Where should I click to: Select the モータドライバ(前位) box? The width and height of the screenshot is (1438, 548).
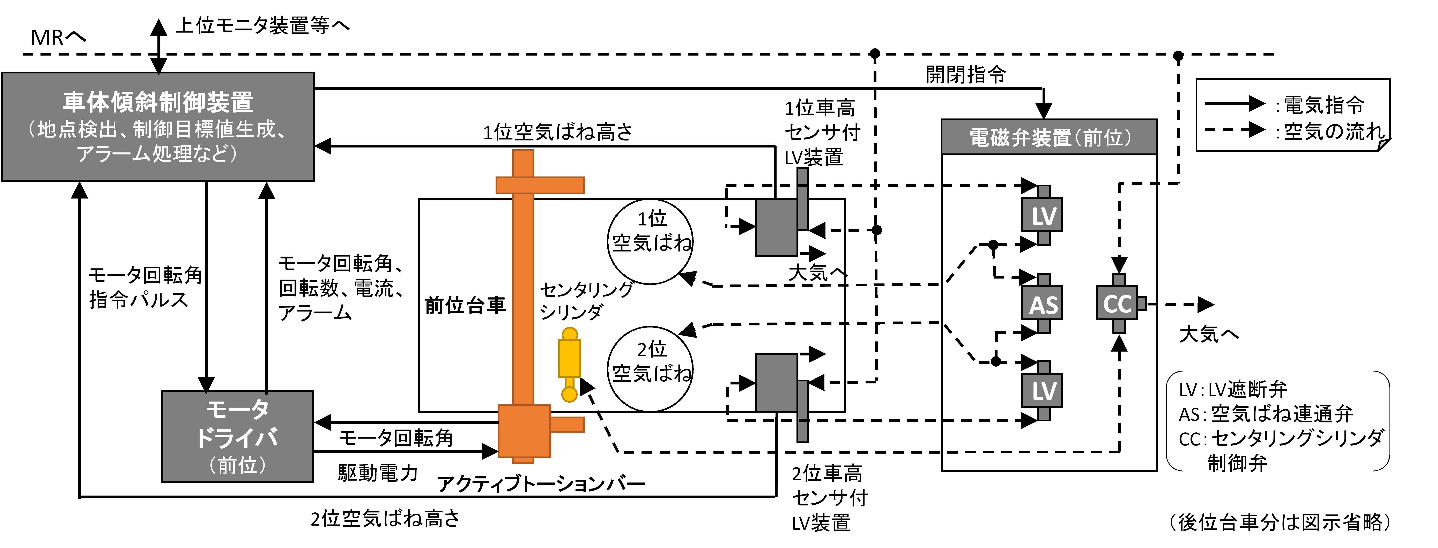237,436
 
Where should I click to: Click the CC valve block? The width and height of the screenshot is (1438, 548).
1117,304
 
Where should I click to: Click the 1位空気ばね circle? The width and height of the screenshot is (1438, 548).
650,241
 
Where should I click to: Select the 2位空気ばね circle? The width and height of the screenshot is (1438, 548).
650,369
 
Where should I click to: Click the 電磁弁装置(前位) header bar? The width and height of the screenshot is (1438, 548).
1049,137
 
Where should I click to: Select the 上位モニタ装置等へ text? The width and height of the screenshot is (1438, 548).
262,25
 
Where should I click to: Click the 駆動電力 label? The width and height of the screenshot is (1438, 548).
378,473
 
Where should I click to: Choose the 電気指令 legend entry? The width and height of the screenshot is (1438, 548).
1323,104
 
